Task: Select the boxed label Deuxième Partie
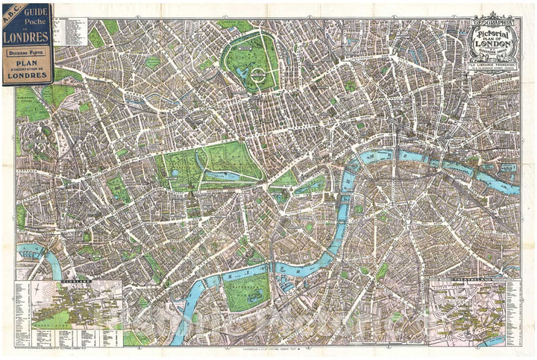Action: [x=27, y=54]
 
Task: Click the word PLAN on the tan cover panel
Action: [x=27, y=65]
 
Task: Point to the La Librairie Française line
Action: [x=490, y=67]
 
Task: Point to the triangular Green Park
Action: [x=284, y=179]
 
